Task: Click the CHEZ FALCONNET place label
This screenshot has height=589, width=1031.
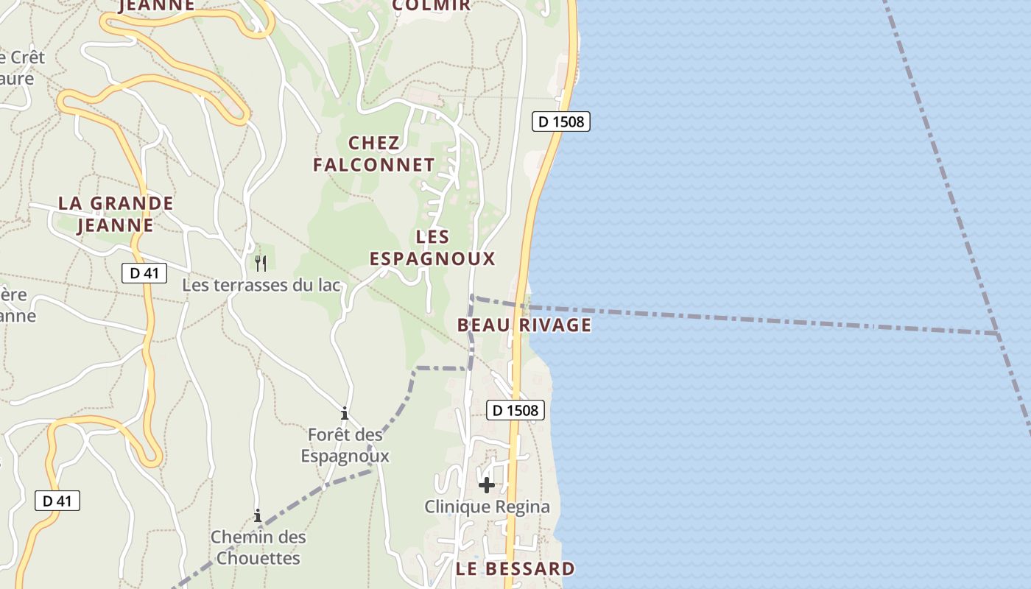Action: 374,154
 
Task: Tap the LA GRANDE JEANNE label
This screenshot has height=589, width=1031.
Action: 116,214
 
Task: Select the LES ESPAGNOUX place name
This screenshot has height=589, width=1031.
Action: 432,247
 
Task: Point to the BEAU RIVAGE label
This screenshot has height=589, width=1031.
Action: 524,325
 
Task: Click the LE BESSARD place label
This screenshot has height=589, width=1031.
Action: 515,568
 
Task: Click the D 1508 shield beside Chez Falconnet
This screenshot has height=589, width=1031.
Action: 560,121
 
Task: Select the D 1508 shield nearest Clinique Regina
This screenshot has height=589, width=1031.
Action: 515,410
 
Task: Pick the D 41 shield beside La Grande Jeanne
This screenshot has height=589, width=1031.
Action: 144,273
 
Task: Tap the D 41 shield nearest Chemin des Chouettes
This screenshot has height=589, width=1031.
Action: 57,501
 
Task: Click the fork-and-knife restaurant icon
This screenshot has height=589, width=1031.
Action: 260,263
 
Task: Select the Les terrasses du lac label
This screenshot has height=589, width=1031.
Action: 262,285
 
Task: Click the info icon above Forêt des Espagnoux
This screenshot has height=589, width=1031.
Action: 344,413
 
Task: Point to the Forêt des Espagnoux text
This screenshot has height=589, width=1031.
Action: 345,445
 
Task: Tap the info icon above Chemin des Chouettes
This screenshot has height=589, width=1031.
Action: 258,515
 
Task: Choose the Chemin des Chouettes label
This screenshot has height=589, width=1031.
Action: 258,547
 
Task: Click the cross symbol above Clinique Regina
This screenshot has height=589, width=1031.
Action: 487,484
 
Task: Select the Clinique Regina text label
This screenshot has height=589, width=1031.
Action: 487,507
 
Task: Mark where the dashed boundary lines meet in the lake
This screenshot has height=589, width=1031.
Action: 998,334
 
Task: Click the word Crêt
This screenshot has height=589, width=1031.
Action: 27,57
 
